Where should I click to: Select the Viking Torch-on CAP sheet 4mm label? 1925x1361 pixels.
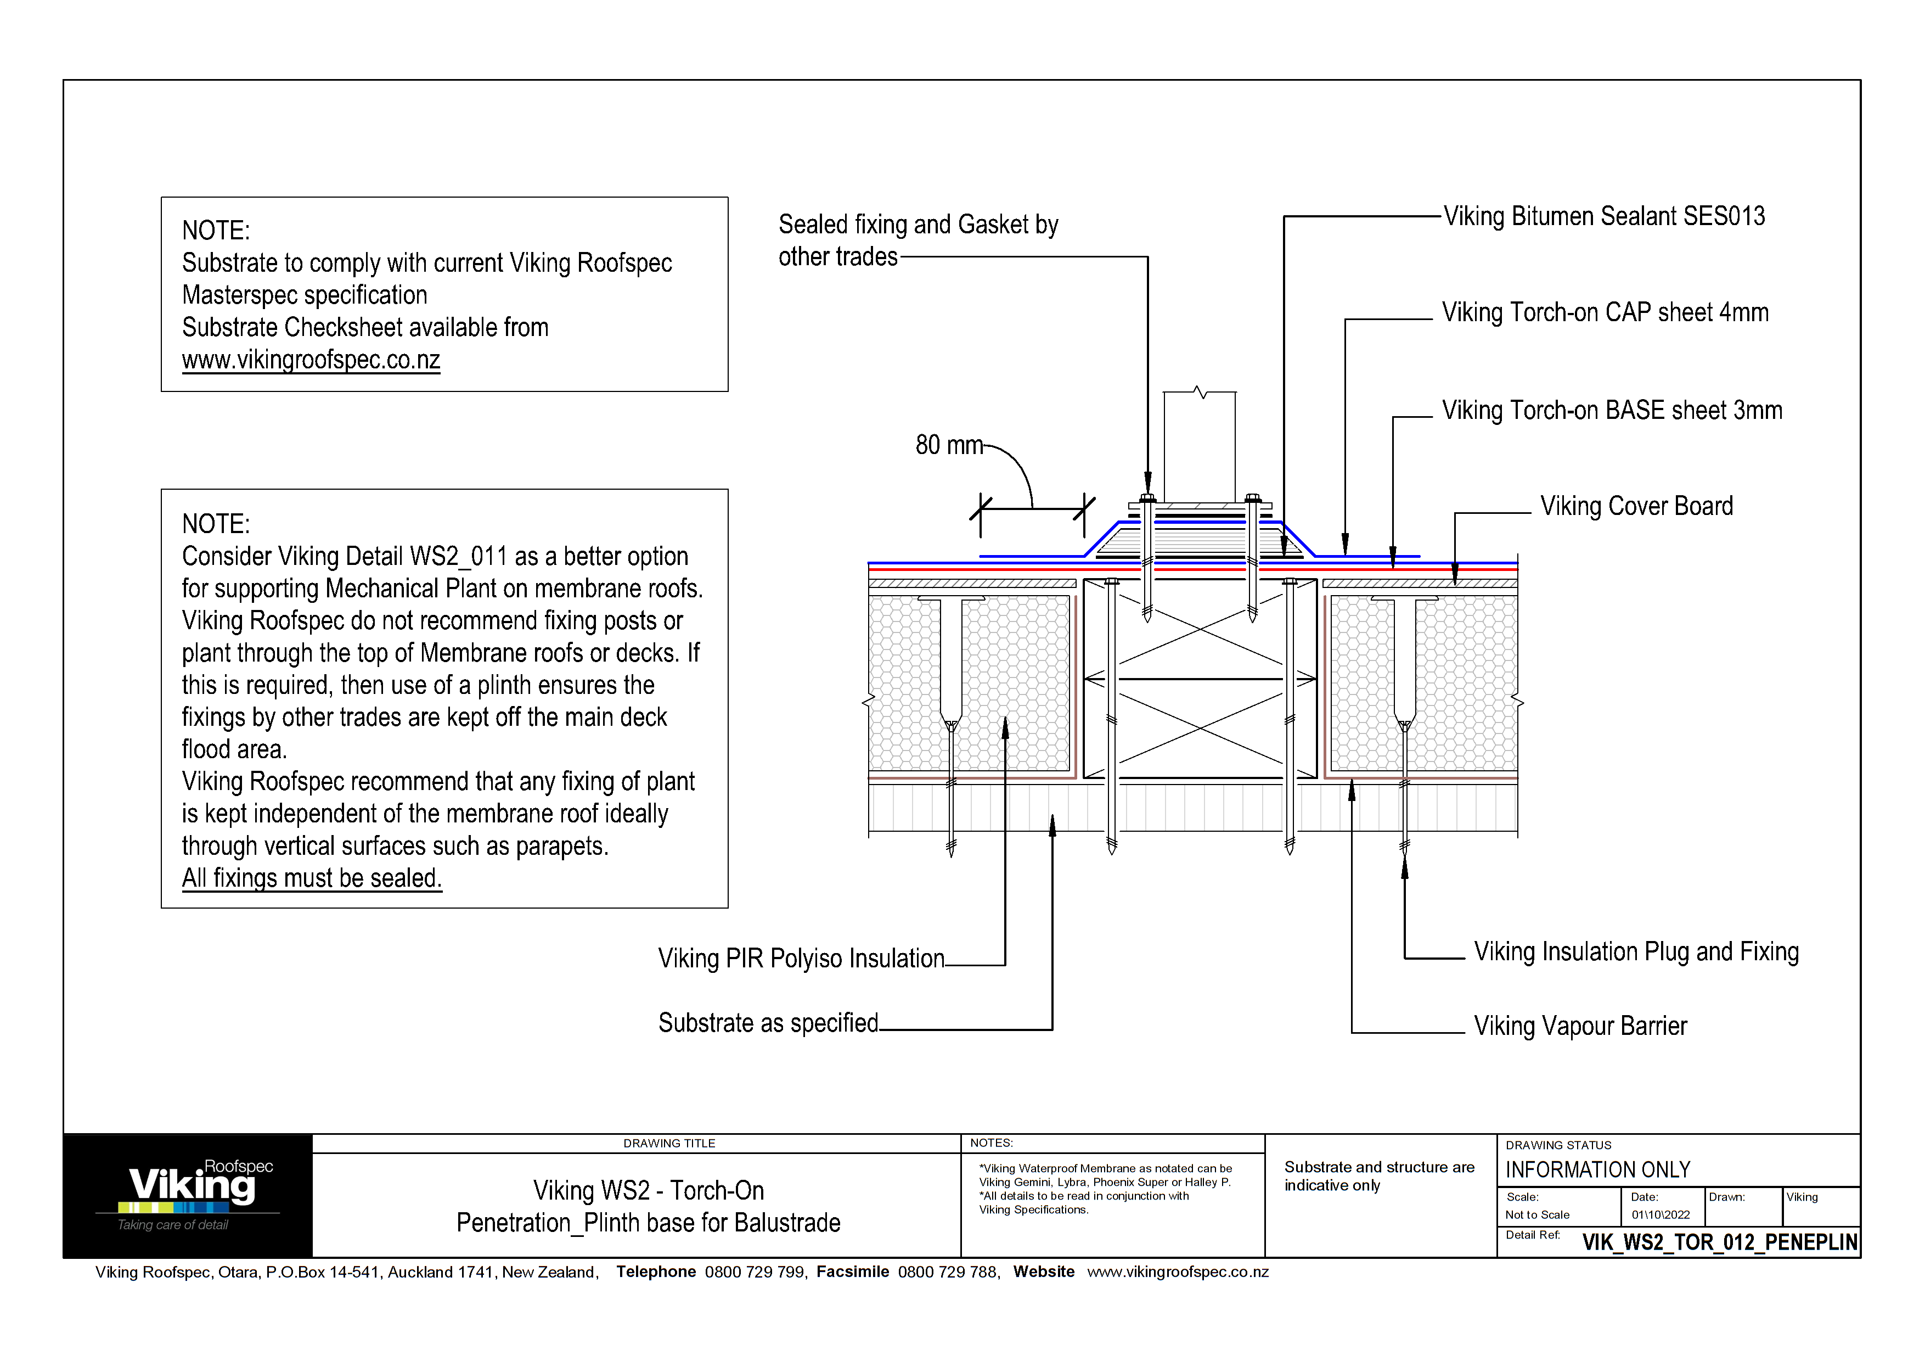point(1605,313)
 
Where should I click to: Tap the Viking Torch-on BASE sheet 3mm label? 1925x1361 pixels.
point(1612,411)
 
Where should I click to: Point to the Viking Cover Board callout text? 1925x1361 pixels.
point(1636,507)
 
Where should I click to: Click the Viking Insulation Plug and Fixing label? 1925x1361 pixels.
point(1636,952)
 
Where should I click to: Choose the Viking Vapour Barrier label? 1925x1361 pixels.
point(1580,1027)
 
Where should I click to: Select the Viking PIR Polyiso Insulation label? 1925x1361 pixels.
point(801,959)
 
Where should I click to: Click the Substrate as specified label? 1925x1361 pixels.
point(768,1023)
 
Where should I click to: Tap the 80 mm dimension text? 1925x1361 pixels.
point(948,445)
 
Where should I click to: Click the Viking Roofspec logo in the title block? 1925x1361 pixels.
point(189,1195)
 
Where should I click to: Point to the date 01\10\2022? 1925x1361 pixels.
point(1660,1215)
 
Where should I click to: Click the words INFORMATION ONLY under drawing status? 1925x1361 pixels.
point(1597,1170)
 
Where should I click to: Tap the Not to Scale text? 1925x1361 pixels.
point(1537,1215)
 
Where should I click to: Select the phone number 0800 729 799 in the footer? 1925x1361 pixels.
point(755,1272)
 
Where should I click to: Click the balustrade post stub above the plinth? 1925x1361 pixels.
point(1199,446)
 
